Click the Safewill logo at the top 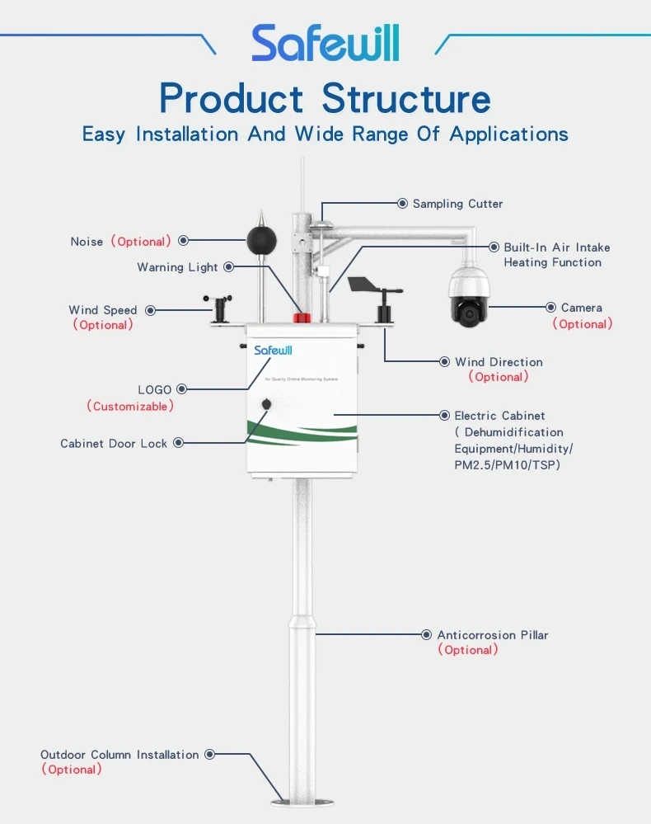click(325, 43)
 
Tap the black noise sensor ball click(263, 239)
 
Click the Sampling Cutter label click(457, 204)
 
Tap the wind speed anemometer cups click(219, 300)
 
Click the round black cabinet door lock click(267, 404)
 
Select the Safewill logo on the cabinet click(273, 351)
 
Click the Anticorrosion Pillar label click(492, 635)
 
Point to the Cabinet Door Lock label click(114, 444)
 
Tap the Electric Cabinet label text click(499, 416)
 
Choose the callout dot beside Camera click(551, 308)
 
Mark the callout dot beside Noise click(183, 241)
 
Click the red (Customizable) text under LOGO click(130, 407)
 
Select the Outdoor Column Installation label click(119, 755)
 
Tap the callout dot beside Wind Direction click(445, 362)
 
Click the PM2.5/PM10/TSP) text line click(507, 465)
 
